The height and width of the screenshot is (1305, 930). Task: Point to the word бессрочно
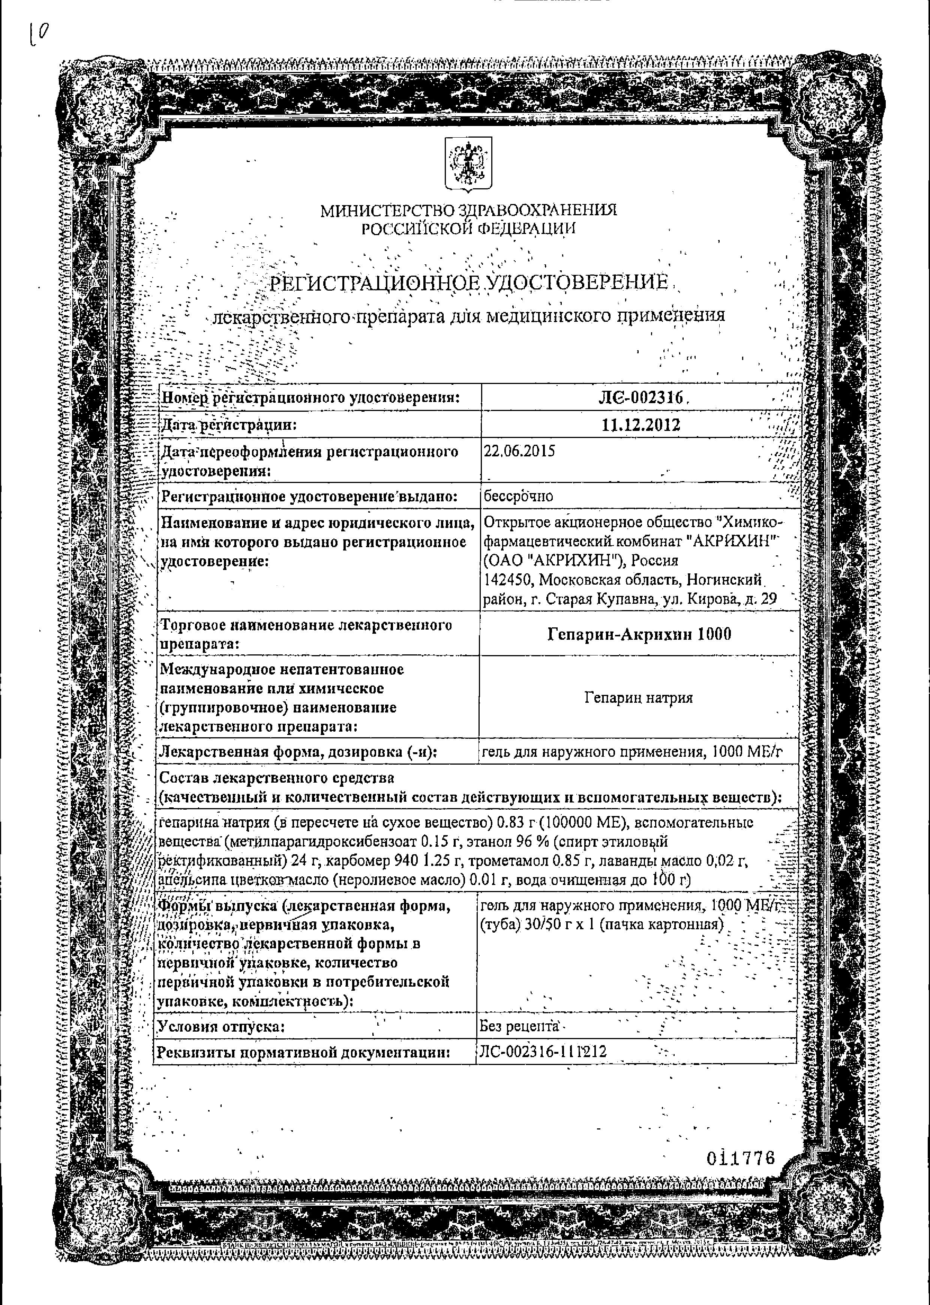pyautogui.click(x=518, y=496)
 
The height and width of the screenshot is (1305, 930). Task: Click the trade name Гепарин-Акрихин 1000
pyautogui.click(x=639, y=634)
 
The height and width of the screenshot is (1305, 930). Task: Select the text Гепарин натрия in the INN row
pyautogui.click(x=639, y=698)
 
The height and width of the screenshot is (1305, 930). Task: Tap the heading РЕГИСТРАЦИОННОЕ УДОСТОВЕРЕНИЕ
pyautogui.click(x=468, y=283)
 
